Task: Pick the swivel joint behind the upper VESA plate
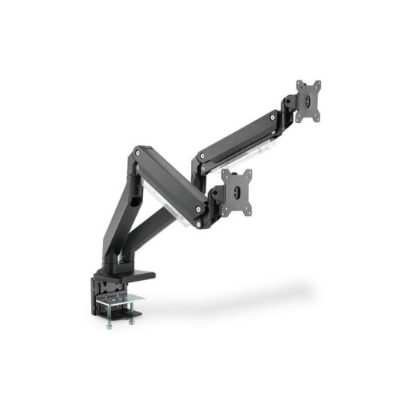pos(289,105)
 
